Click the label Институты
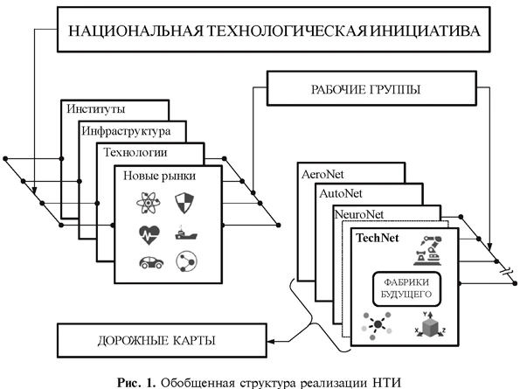[96, 109]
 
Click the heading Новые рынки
[159, 175]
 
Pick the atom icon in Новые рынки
[145, 204]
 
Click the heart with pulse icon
[145, 234]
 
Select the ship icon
[184, 234]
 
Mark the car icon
[145, 263]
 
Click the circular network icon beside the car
[184, 263]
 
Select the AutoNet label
[343, 192]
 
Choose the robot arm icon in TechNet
[434, 249]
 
